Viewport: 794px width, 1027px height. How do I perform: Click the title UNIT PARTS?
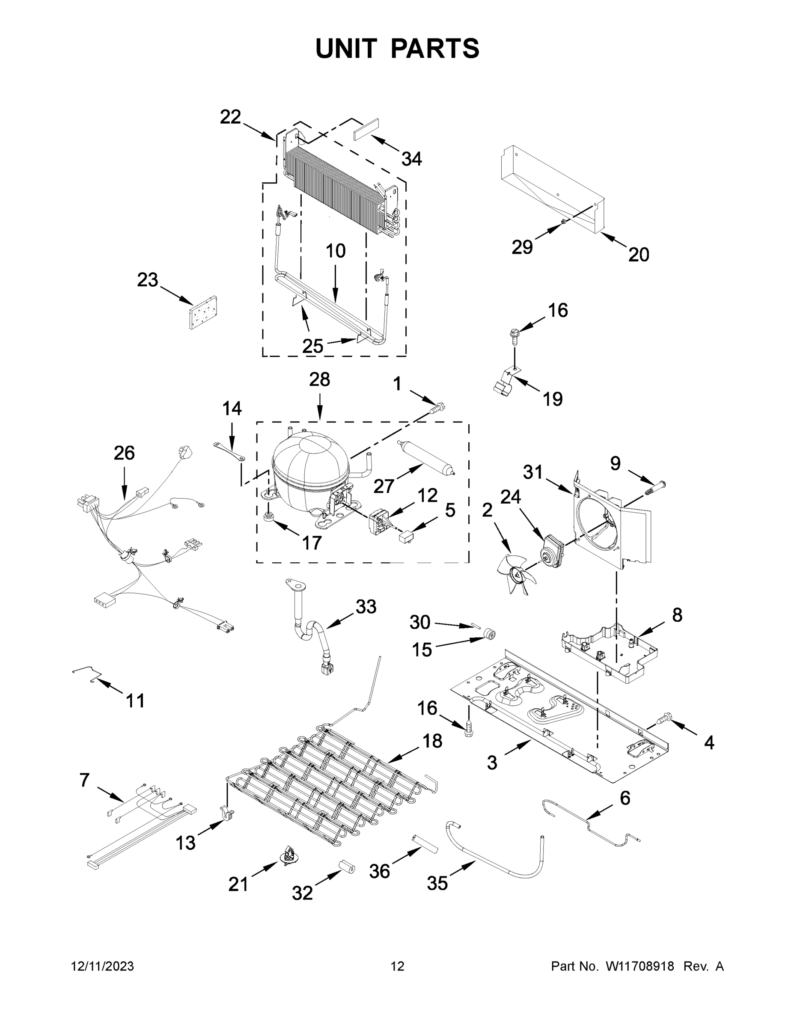(x=397, y=48)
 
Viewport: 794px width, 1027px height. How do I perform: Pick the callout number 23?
(x=147, y=280)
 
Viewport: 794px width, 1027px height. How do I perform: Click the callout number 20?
(x=638, y=255)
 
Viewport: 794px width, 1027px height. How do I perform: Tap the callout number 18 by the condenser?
(x=432, y=741)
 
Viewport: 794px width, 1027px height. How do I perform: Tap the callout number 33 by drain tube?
(x=366, y=607)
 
